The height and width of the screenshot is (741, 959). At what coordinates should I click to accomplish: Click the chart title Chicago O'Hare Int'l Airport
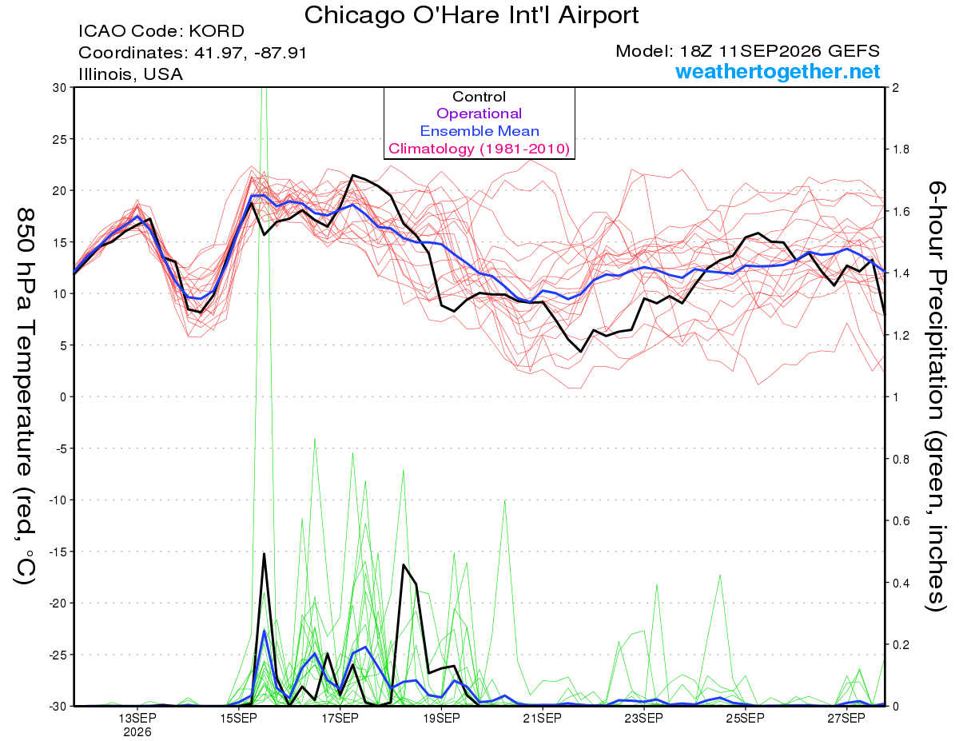click(471, 15)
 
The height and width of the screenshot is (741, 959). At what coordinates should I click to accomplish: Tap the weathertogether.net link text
click(778, 71)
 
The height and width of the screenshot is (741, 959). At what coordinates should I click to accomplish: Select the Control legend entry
click(479, 97)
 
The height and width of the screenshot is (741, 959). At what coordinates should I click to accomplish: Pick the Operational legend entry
click(479, 114)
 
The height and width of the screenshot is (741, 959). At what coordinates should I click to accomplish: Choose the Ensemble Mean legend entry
click(479, 131)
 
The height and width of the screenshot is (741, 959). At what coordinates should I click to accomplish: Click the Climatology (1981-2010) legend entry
click(479, 149)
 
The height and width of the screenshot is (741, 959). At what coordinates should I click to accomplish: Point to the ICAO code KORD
click(217, 31)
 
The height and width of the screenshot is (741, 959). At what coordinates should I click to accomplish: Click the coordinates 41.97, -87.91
click(250, 54)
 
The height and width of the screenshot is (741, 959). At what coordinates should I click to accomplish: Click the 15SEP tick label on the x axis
click(238, 719)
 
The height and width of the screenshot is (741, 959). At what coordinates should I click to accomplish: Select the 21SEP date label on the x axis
click(543, 719)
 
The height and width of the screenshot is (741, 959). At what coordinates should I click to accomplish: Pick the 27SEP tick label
click(846, 719)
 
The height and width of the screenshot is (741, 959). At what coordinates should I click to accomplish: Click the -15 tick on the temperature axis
click(58, 552)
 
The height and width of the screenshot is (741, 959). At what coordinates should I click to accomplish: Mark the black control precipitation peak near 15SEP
click(264, 553)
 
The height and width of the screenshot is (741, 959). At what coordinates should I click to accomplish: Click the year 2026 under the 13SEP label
click(137, 733)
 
